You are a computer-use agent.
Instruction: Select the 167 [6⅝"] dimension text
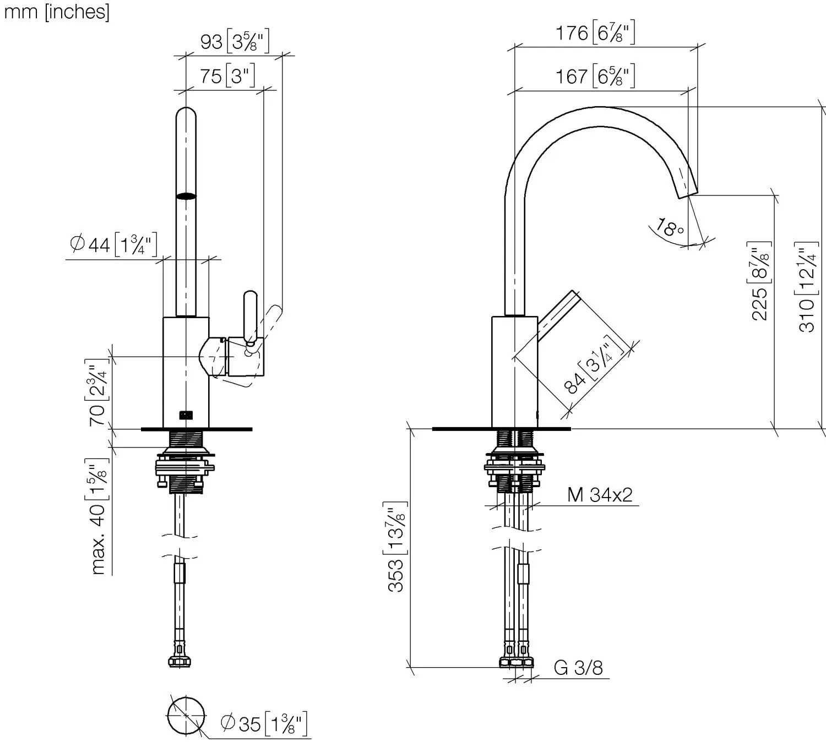tap(595, 76)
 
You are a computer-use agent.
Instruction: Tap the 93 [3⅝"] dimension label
tap(235, 41)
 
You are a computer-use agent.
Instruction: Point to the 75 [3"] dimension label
tap(227, 76)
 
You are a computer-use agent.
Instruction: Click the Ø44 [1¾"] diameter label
tap(113, 245)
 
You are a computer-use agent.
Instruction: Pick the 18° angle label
tap(670, 228)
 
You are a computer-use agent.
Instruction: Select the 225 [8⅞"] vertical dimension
tap(759, 281)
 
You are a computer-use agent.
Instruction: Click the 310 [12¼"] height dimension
tap(806, 287)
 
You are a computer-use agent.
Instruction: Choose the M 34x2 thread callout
tap(600, 494)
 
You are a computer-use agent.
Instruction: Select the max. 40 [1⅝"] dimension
tap(98, 517)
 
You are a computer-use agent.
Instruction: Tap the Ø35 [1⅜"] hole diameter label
tap(264, 723)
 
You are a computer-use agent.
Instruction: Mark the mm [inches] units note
tap(57, 12)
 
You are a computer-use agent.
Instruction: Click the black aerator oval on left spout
tap(186, 197)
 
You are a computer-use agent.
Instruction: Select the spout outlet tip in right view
tap(688, 195)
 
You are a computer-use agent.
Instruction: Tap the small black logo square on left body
tap(186, 416)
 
